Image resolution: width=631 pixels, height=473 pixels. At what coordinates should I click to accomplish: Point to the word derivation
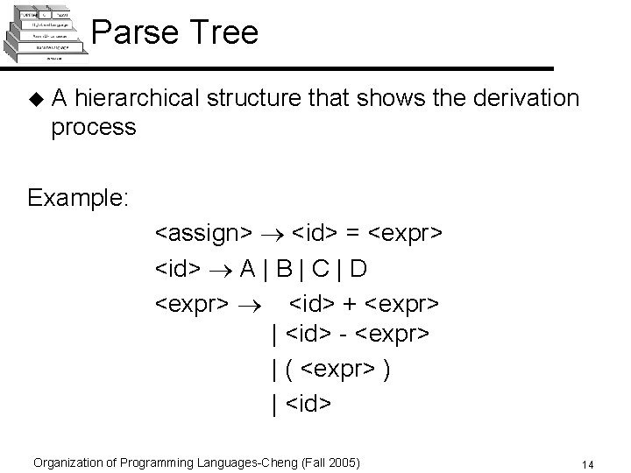pyautogui.click(x=522, y=97)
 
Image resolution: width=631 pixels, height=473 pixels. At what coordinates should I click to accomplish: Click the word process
pyautogui.click(x=94, y=127)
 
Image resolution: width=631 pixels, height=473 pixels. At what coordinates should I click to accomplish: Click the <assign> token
pyautogui.click(x=203, y=233)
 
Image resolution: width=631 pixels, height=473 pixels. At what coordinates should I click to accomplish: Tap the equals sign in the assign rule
pyautogui.click(x=353, y=233)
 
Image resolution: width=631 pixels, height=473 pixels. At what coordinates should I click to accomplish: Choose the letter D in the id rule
pyautogui.click(x=383, y=267)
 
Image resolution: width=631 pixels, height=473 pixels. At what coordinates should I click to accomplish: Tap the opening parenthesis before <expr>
pyautogui.click(x=289, y=369)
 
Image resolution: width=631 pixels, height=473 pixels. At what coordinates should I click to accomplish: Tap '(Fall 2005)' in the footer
pyautogui.click(x=331, y=462)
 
